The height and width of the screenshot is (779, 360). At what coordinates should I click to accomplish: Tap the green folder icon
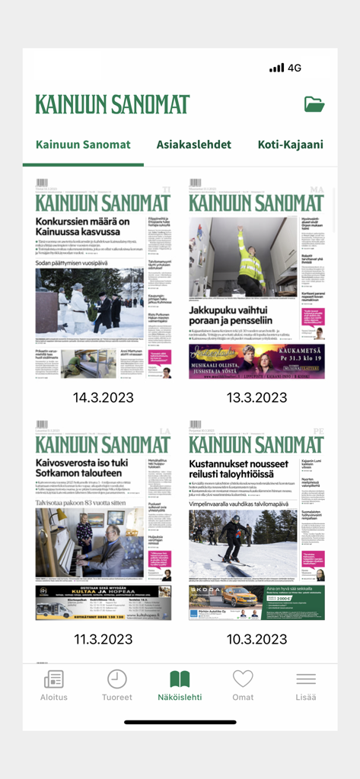point(314,104)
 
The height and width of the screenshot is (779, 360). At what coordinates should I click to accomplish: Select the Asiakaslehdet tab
point(194,145)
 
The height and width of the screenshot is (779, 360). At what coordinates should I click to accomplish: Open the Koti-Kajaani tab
point(291,145)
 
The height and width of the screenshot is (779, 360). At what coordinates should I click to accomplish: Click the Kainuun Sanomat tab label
point(83,145)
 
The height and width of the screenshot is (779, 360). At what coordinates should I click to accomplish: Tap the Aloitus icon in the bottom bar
point(54,679)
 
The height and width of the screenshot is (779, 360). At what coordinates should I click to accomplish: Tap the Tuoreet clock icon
point(117,679)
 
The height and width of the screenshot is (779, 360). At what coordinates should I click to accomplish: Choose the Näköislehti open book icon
point(180,679)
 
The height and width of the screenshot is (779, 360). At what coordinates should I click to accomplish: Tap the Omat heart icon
point(243,679)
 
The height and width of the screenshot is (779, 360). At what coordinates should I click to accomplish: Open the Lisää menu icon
point(306,679)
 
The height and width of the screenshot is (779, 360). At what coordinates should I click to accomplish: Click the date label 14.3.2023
point(104,398)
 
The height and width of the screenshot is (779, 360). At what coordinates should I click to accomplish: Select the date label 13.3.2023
point(257,398)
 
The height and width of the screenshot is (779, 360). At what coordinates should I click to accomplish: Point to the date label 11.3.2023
point(104,639)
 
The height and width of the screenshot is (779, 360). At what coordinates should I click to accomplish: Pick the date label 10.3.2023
point(257,639)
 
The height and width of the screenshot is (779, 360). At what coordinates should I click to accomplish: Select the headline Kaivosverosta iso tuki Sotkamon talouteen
point(88,469)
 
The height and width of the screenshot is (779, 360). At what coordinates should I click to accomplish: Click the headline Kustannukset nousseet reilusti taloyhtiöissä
point(237,469)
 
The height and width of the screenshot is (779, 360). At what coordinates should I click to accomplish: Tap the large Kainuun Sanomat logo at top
point(113,104)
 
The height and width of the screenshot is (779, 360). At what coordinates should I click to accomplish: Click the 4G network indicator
point(295,68)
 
